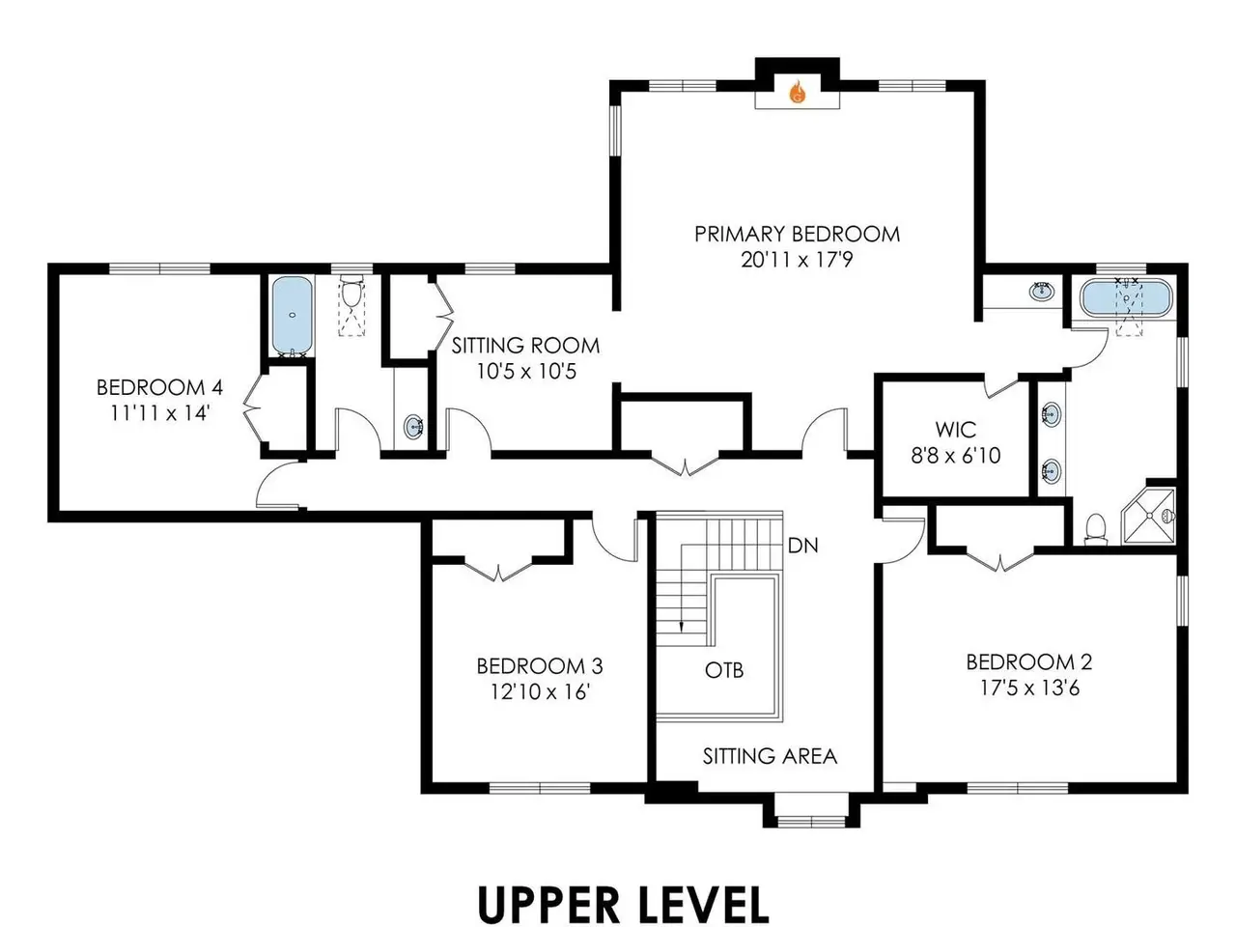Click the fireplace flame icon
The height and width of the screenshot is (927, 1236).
click(798, 92)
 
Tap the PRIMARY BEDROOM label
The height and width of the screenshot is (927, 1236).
click(797, 234)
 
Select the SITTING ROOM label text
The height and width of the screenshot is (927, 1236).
click(525, 346)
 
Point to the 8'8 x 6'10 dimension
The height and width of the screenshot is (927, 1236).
click(956, 456)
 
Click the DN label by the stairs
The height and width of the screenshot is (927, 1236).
click(802, 546)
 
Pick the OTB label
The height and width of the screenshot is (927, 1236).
click(724, 670)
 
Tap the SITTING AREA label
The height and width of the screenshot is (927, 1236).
click(770, 756)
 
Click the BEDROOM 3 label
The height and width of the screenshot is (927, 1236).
click(540, 666)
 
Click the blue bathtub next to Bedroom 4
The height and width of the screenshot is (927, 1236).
click(292, 315)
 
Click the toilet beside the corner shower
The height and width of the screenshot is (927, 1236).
click(1096, 529)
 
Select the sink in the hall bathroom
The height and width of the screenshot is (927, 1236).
click(414, 427)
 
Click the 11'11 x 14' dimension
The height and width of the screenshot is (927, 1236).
click(160, 413)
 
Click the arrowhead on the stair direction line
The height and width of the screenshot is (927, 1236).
click(682, 627)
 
